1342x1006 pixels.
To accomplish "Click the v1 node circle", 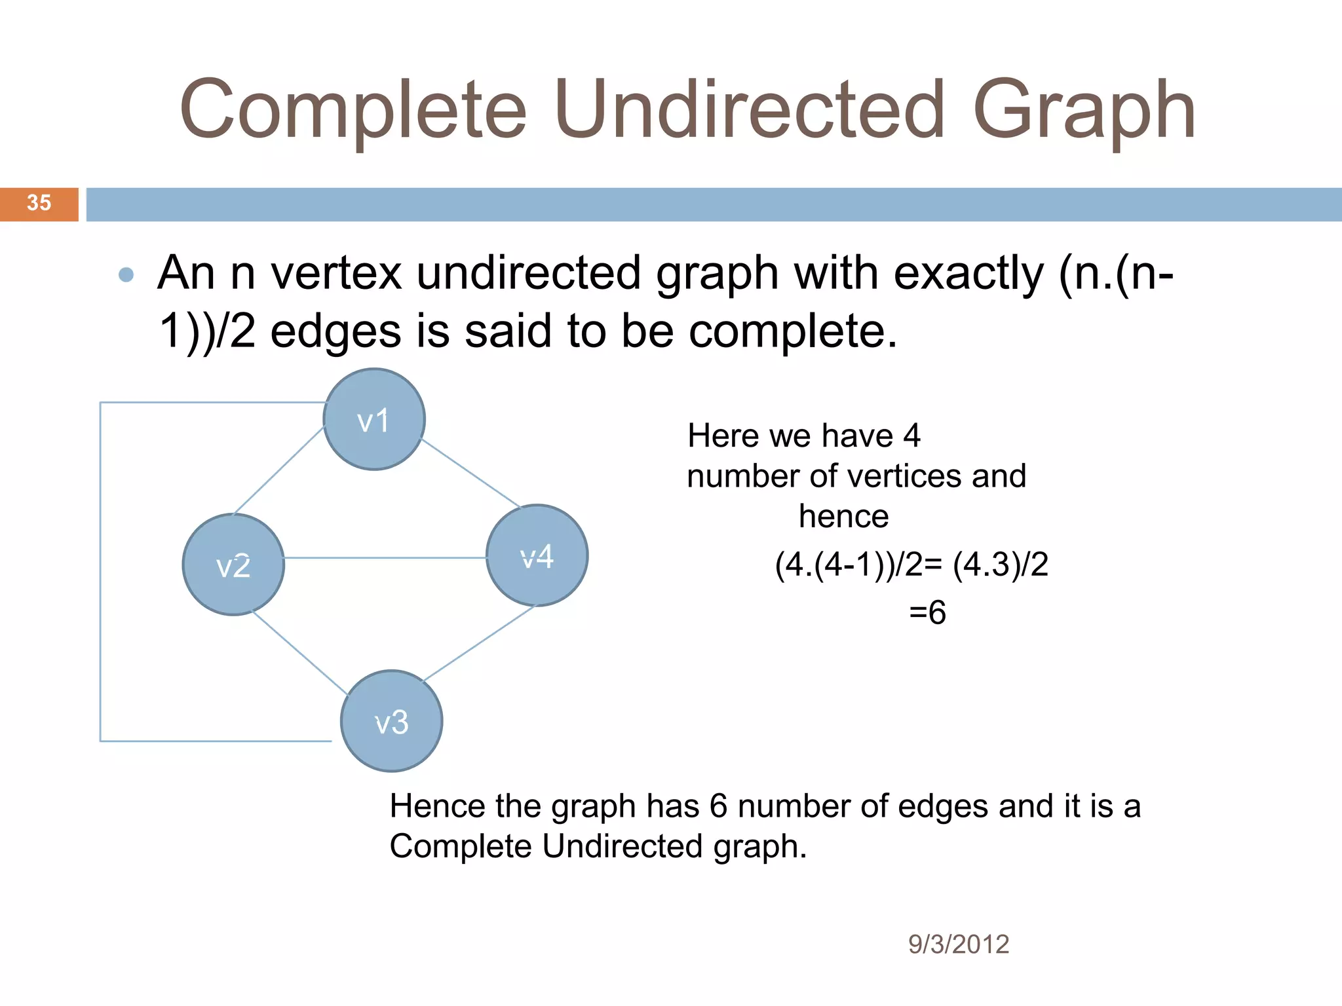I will point(374,419).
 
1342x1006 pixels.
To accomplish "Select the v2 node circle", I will point(233,565).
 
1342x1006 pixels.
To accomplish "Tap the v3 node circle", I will point(391,720).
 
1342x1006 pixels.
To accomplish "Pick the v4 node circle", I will point(537,555).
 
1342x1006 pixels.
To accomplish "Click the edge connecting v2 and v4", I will point(385,558).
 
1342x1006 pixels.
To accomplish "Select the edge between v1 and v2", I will point(279,470).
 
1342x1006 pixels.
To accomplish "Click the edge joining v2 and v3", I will point(299,652).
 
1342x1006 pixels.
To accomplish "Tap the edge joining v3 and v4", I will point(479,643).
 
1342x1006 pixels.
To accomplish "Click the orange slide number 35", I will point(39,204).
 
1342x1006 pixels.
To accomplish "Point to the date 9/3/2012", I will point(958,944).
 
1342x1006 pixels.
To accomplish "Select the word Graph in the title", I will point(1084,111).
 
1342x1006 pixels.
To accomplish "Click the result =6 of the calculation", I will point(927,613).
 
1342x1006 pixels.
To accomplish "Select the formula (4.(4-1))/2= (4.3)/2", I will point(911,565).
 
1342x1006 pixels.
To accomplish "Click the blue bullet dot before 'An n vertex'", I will point(126,274).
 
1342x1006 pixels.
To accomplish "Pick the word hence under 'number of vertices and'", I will point(843,516).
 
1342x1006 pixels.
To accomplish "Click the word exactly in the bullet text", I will point(968,273).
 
